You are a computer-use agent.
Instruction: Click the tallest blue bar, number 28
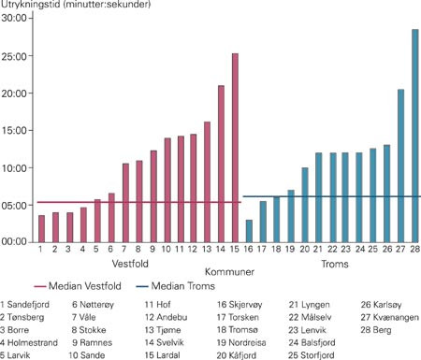click(x=414, y=136)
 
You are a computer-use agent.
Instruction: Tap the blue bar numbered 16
click(x=249, y=231)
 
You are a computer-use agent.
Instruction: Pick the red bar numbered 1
click(x=41, y=228)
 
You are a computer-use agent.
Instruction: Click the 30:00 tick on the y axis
click(x=15, y=20)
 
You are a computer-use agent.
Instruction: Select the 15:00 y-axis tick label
click(x=15, y=131)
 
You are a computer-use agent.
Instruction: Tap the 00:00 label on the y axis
click(x=15, y=241)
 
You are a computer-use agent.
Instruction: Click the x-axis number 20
click(x=304, y=251)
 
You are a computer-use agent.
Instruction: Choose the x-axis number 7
click(x=124, y=251)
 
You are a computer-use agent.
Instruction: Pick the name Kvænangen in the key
click(x=390, y=318)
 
